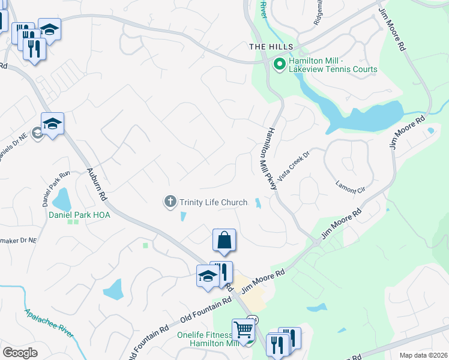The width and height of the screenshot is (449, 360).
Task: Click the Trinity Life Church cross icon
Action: click(171, 202)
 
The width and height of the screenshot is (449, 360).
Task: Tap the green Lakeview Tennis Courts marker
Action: click(279, 63)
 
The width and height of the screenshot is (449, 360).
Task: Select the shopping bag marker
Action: click(224, 240)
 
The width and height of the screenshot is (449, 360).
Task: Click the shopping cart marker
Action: click(243, 329)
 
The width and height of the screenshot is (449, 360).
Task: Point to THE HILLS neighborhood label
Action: click(271, 47)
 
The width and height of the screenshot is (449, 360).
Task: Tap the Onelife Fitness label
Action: click(204, 335)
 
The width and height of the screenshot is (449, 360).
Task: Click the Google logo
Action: click(20, 352)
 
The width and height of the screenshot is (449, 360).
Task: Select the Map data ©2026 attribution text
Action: click(423, 355)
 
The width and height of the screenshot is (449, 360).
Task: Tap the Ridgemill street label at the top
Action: click(318, 12)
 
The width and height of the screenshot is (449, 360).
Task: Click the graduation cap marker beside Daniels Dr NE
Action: click(52, 124)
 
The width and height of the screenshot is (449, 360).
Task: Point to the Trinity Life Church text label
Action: click(214, 202)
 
